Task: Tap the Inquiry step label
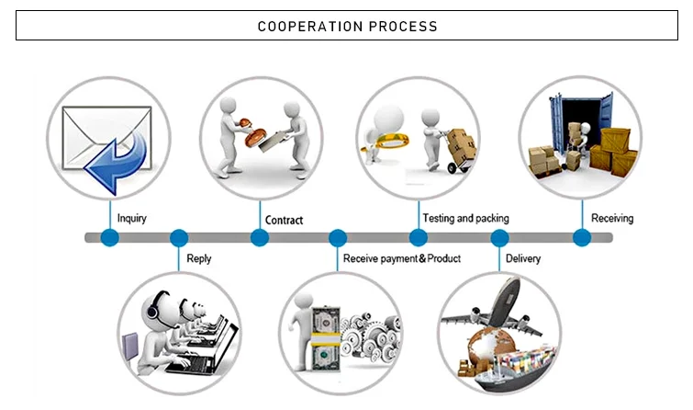tap(131, 219)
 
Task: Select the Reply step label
tap(198, 259)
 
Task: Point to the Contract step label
tap(284, 221)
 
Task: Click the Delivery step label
tap(523, 259)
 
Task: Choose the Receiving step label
tap(611, 219)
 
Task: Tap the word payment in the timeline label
tap(397, 259)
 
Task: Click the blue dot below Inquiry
tap(110, 238)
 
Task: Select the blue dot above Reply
tap(179, 238)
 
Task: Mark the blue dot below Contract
tap(260, 238)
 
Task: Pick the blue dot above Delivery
tap(500, 238)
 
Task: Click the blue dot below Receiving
tap(581, 238)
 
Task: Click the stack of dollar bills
tap(322, 336)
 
